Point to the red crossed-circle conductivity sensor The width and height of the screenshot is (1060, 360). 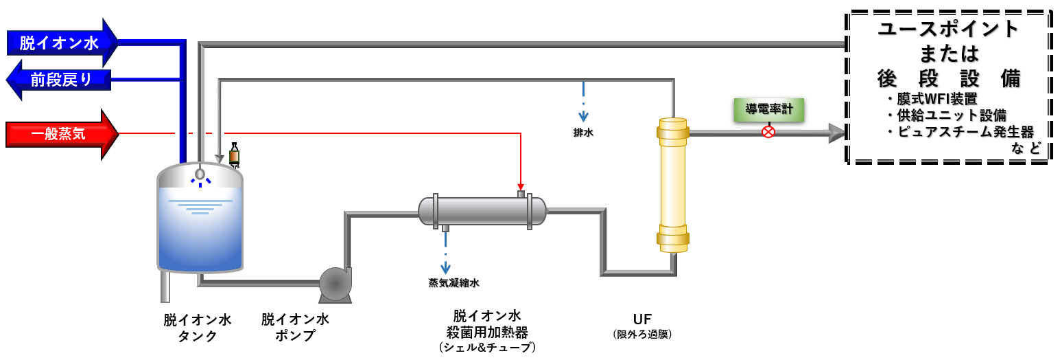tap(768, 132)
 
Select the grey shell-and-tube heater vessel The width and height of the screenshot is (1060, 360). tap(482, 211)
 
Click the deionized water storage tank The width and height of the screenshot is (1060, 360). tap(200, 220)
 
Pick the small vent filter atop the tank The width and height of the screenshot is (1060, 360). tap(234, 154)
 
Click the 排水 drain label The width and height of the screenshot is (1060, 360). tap(583, 133)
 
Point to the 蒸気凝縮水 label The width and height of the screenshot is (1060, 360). tap(454, 282)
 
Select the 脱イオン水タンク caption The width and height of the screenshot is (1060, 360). tap(198, 328)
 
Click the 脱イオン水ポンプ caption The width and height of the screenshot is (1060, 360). tap(295, 328)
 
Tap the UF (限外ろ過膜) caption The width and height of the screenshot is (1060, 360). tap(642, 326)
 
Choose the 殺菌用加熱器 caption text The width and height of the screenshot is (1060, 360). tap(487, 332)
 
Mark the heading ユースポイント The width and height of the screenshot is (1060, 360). tap(949, 29)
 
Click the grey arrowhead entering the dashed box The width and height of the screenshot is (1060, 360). tap(838, 133)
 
